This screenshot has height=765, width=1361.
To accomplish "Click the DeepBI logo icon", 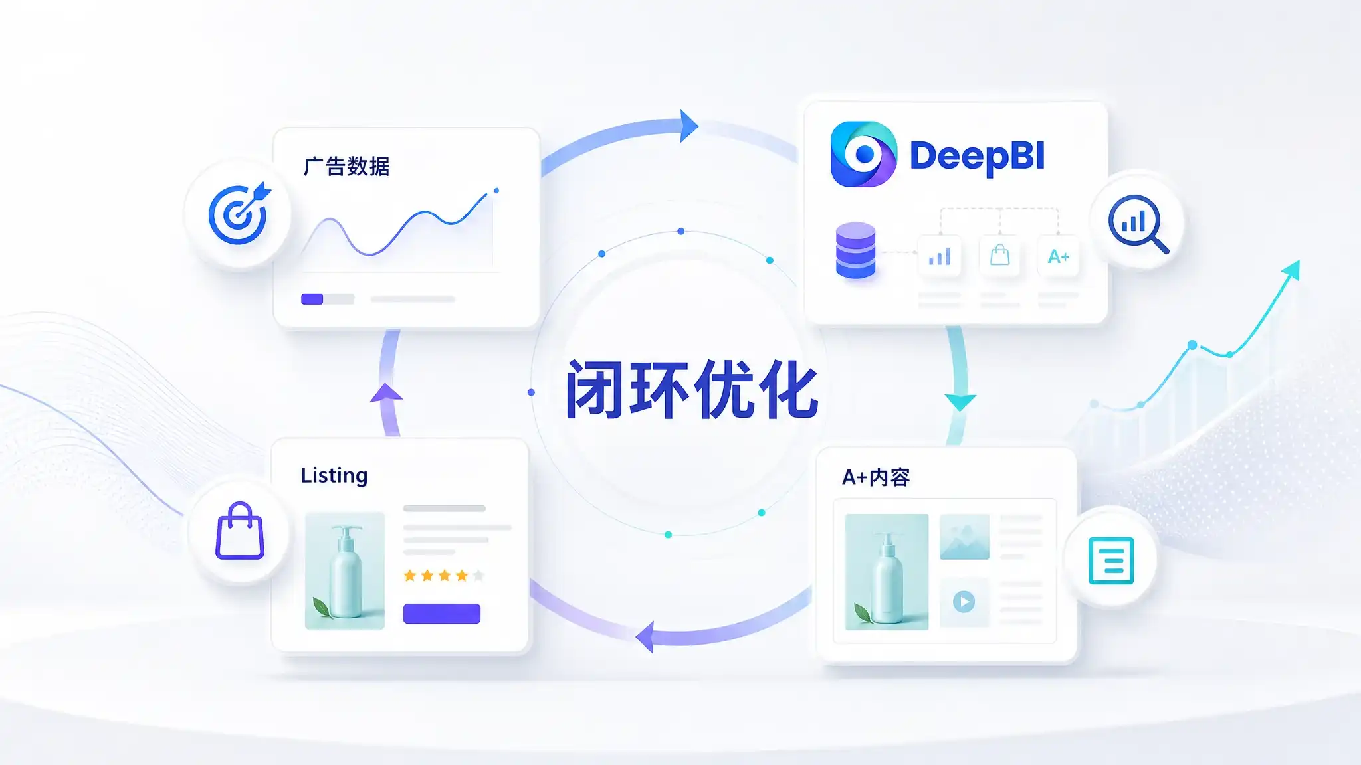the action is click(863, 154).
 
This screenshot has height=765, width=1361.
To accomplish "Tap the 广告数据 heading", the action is click(346, 166).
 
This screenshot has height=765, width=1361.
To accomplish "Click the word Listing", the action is click(334, 475).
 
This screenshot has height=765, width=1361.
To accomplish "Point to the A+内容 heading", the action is click(876, 477).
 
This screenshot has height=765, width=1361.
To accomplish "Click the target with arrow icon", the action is click(239, 213).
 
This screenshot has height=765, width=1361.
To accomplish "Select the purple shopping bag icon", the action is click(240, 531).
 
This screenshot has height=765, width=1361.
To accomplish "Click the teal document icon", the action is click(1111, 560).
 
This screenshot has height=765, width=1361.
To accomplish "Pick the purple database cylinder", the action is click(855, 250).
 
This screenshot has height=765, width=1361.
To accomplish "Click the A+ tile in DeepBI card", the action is click(1058, 256).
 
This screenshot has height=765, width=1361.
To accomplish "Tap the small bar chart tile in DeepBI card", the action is click(940, 256).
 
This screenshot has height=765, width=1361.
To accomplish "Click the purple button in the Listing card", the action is click(442, 614).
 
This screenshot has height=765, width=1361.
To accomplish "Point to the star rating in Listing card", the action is click(444, 575).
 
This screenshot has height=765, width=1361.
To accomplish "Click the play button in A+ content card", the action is click(964, 602).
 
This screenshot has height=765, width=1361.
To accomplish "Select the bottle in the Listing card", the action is click(346, 572).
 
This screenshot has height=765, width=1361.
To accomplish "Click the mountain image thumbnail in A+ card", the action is click(964, 537).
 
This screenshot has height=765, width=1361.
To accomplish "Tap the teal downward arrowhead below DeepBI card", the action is click(960, 402).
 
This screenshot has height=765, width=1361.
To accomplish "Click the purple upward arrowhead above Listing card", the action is click(386, 392).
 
